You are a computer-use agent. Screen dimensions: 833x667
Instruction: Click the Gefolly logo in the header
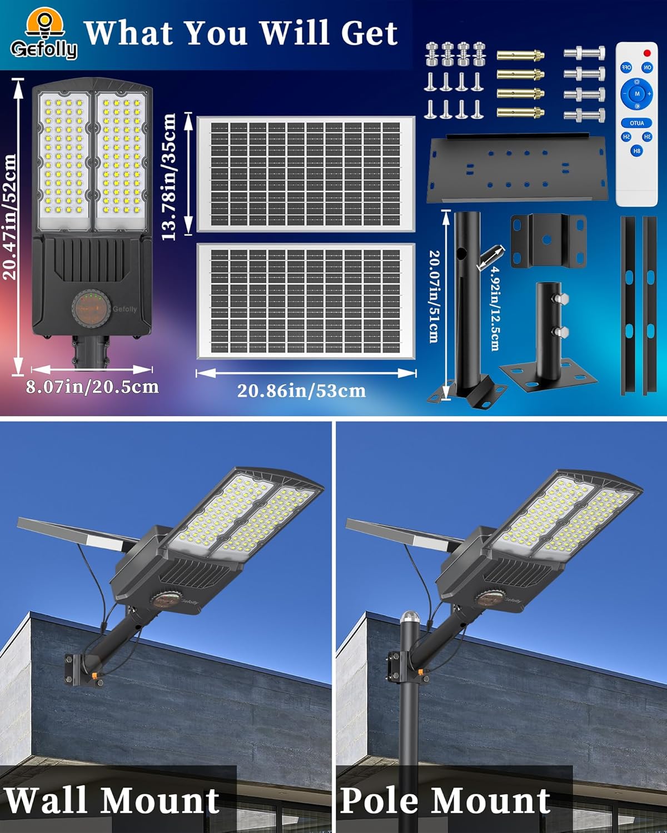(43, 36)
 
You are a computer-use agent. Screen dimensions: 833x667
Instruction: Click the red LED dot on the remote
(646, 53)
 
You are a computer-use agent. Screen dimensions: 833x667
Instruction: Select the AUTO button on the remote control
(637, 123)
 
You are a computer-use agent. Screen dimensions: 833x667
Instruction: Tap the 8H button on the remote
(636, 150)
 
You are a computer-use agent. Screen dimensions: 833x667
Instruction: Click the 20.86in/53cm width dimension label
(301, 391)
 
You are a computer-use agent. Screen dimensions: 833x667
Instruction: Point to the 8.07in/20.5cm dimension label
(92, 387)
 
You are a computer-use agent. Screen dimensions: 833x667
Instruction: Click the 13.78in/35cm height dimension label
(169, 177)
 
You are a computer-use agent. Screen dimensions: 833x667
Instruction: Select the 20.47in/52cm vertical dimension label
(10, 217)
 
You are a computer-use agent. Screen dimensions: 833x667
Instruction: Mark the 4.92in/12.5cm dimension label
(494, 308)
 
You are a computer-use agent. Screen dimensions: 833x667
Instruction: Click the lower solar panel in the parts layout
(306, 300)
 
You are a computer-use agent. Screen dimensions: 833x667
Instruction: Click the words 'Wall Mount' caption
(112, 800)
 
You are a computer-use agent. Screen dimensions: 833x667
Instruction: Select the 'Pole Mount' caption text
(445, 800)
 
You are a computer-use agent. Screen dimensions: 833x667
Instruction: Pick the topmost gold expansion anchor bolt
(520, 56)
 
